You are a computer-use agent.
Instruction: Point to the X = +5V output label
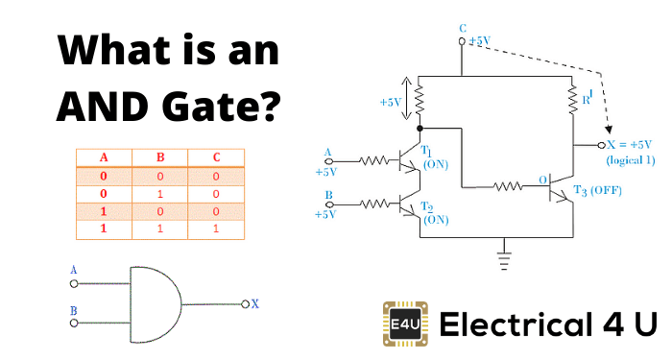pyautogui.click(x=630, y=145)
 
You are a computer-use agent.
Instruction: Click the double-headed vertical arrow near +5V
pyautogui.click(x=418, y=97)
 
